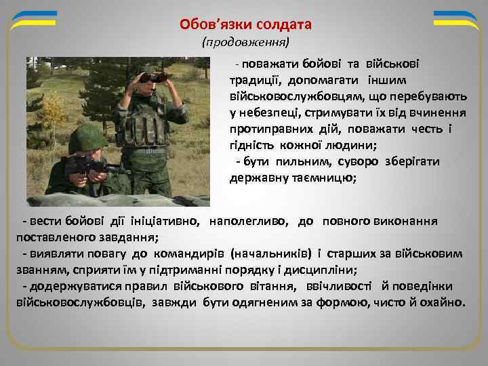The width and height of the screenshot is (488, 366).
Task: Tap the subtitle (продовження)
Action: click(245, 43)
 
